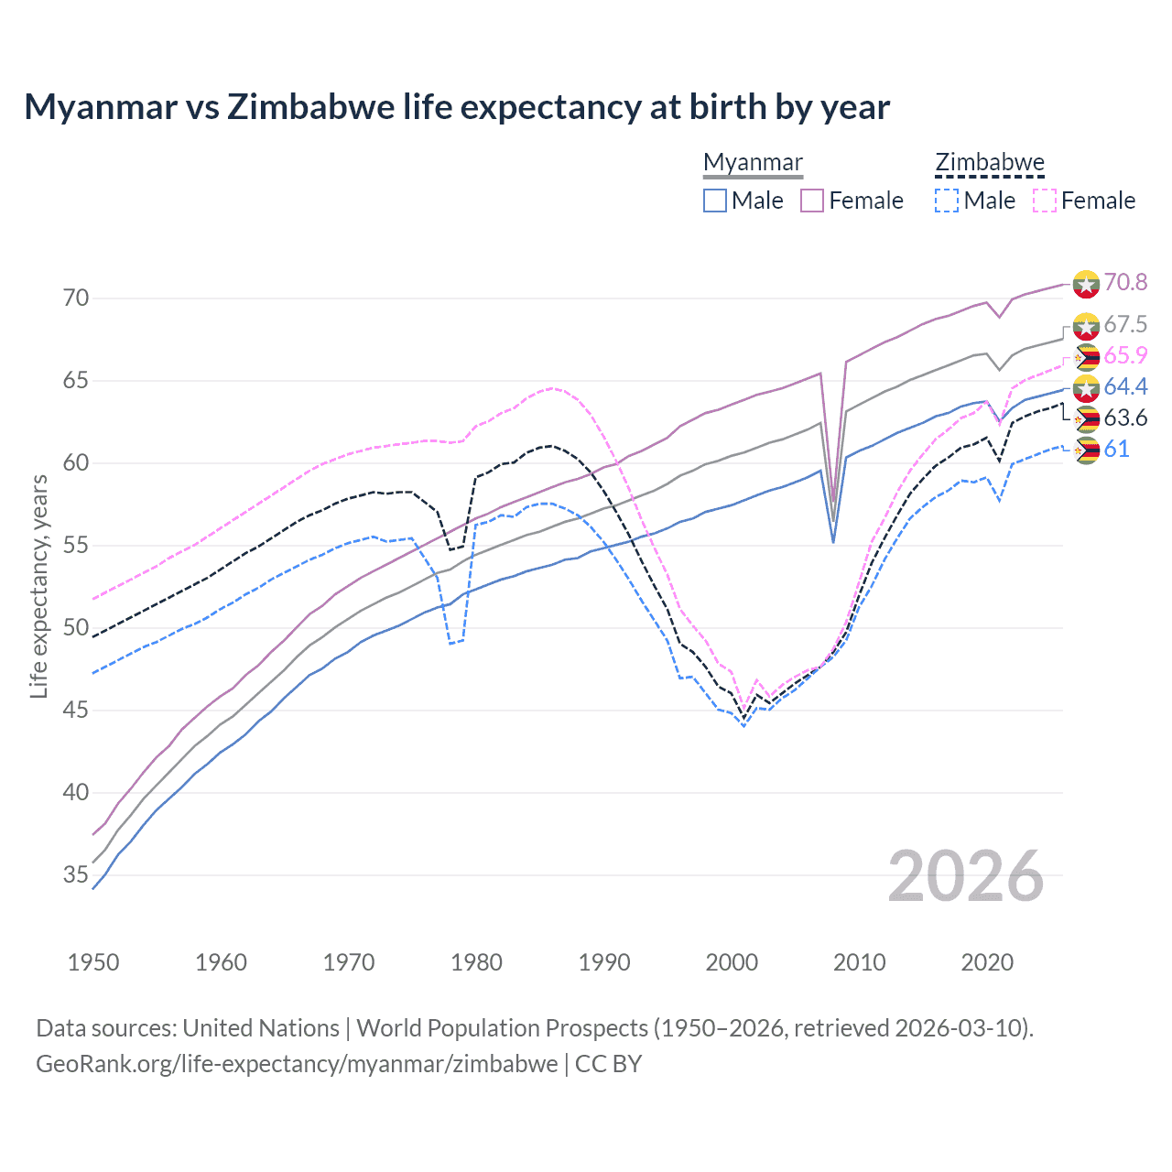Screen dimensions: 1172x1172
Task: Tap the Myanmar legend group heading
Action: (x=753, y=163)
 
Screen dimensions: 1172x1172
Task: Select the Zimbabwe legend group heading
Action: (x=989, y=163)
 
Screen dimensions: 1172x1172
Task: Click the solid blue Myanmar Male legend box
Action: (x=715, y=201)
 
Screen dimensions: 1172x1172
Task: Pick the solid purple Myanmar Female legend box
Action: (x=813, y=201)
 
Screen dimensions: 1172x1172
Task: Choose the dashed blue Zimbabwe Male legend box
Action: (x=947, y=201)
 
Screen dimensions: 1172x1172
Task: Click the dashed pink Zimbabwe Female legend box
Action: (x=1045, y=201)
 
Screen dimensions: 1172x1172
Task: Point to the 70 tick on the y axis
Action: (x=76, y=298)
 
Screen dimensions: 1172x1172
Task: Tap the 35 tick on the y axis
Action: (x=76, y=874)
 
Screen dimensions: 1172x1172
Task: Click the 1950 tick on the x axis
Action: (x=93, y=962)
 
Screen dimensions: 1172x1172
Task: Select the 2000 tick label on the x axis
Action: (x=732, y=962)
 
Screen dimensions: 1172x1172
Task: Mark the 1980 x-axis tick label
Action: (x=476, y=962)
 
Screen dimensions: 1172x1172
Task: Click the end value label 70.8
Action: (x=1125, y=282)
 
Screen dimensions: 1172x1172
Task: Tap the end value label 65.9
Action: (x=1125, y=355)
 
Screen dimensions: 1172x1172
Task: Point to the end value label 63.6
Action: (x=1125, y=418)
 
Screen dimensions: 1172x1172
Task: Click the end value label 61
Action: (x=1116, y=449)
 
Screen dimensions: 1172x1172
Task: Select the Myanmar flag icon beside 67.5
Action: (x=1086, y=325)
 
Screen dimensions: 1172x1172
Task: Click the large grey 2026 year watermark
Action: (x=966, y=876)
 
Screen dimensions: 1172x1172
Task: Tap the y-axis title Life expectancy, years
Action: (x=38, y=586)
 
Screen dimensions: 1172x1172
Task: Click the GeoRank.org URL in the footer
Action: (x=297, y=1064)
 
